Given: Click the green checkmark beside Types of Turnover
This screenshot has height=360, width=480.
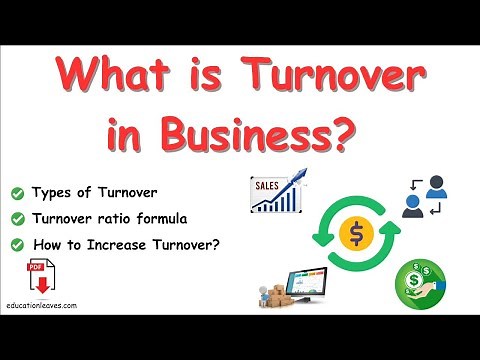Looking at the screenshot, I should [17, 191].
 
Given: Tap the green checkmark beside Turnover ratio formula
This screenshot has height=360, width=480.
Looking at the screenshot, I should [17, 216].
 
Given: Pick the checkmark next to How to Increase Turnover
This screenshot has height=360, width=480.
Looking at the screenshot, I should [17, 242].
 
